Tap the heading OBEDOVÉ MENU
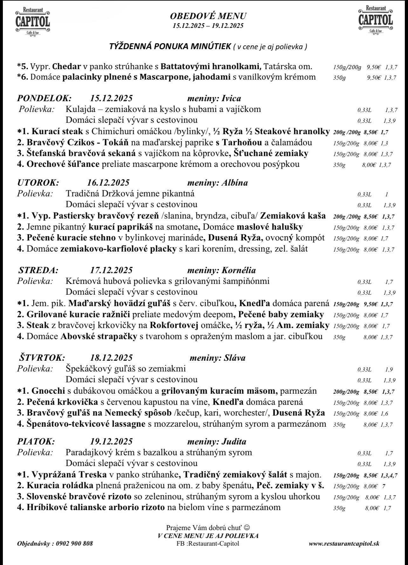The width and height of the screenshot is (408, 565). (x=208, y=16)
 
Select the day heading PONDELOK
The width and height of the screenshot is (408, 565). (x=44, y=98)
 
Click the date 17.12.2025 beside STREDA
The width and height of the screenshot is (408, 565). (x=111, y=270)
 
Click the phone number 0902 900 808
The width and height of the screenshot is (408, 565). (x=74, y=543)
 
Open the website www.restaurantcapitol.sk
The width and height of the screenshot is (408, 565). (x=344, y=543)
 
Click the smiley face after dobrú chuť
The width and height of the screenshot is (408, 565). (x=247, y=528)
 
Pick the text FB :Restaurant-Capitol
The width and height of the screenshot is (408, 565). (x=208, y=543)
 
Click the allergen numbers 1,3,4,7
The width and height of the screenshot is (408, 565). (x=389, y=475)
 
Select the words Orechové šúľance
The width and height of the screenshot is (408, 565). (x=63, y=164)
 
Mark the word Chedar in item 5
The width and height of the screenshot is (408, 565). (x=66, y=67)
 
